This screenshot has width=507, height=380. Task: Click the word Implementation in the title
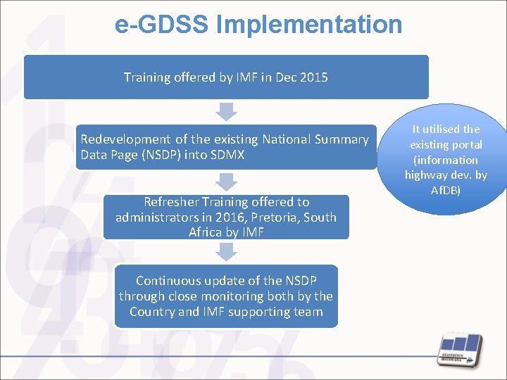(309, 25)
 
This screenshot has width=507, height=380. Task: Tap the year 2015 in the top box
(313, 77)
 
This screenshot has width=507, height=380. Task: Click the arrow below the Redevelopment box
(226, 182)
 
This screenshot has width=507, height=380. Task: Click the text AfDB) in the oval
(446, 191)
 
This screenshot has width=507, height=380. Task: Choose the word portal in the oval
(465, 144)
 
